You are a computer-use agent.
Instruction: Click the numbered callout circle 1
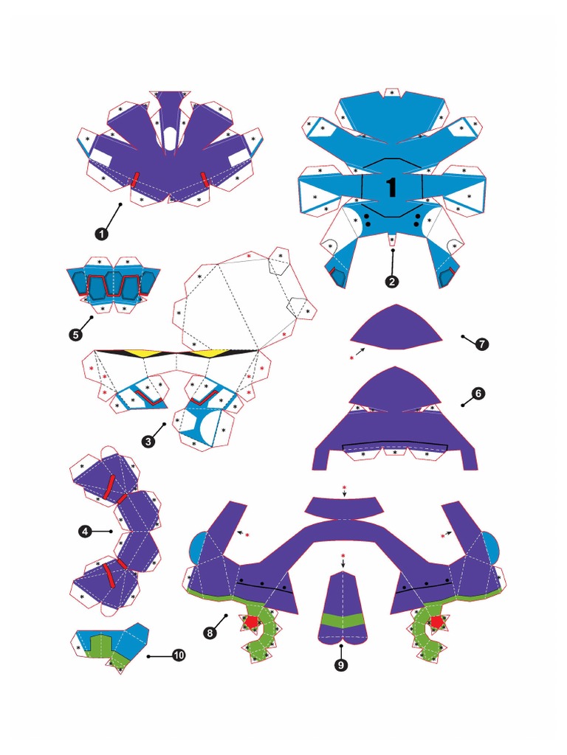[100, 233]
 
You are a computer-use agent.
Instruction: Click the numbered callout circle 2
[392, 281]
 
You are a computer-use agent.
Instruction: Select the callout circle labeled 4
[86, 530]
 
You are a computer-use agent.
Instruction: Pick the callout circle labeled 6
[479, 394]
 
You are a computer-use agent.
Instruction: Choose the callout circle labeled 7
[482, 344]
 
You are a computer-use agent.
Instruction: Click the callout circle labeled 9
[341, 664]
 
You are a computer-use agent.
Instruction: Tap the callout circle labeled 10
[178, 655]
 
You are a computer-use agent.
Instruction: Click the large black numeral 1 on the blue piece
[391, 187]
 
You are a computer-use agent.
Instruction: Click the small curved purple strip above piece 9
[344, 507]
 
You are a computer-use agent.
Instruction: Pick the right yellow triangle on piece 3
[209, 353]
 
